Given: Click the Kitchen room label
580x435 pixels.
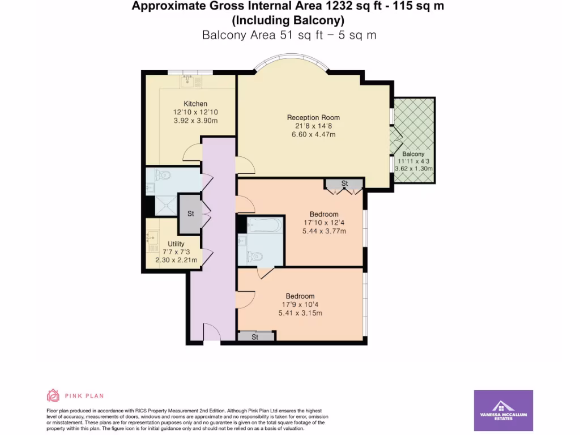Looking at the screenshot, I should click(195, 104).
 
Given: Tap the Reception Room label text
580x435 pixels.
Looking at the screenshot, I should click(313, 118).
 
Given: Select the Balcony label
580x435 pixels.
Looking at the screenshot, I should click(413, 154).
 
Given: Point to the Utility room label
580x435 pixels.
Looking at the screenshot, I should click(176, 244).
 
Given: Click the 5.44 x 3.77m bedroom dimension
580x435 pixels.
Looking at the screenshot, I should click(324, 231).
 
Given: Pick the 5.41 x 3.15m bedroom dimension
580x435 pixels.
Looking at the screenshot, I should click(300, 313).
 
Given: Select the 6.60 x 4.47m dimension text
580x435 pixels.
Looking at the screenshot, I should click(313, 135).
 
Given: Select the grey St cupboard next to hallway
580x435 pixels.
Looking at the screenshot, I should click(191, 214).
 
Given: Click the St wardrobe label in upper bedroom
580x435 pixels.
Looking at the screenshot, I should click(344, 184).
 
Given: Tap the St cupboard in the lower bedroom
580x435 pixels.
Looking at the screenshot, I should click(255, 337).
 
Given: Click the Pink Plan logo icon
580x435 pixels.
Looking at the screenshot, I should click(53, 395).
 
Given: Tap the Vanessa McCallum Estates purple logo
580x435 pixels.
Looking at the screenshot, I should click(503, 410).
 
